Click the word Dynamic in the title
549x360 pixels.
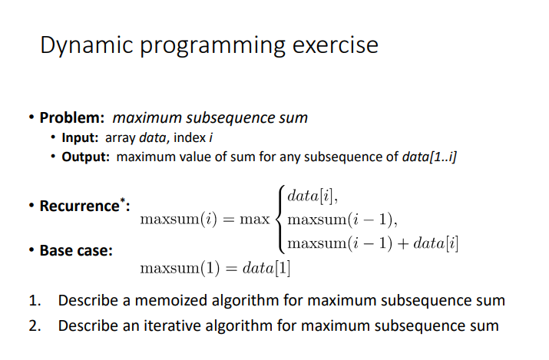tap(87, 45)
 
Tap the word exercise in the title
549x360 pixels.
tap(335, 45)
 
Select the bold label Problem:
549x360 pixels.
tap(72, 117)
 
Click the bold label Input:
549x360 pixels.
tap(80, 138)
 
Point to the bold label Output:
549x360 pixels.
tap(85, 157)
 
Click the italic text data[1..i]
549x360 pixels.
tap(430, 157)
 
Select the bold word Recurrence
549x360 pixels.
tap(80, 206)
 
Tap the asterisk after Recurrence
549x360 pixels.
tap(123, 200)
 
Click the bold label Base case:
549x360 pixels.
tap(76, 250)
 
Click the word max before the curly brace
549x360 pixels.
tap(255, 220)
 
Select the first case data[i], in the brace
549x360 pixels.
tap(313, 196)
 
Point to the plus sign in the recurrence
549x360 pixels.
tap(403, 243)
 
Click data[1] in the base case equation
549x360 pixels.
tap(266, 269)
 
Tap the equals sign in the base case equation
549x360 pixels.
tap(231, 269)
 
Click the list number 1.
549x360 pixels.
tap(35, 301)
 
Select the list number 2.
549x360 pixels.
tap(35, 325)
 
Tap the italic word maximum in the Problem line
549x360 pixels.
tap(147, 118)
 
